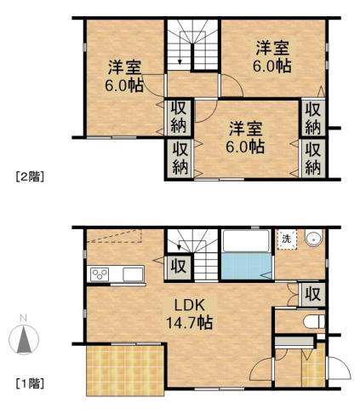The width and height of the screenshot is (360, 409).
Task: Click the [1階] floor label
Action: [30, 383]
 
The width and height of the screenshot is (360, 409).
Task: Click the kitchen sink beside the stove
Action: [134, 274]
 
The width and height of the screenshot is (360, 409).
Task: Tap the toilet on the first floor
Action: [311, 322]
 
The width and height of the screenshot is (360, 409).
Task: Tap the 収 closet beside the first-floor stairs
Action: [179, 266]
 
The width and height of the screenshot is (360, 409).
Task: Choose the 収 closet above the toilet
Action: [312, 294]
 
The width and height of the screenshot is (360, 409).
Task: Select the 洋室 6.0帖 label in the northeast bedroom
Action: [272, 55]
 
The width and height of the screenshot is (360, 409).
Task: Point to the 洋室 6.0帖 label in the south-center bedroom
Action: [245, 136]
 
